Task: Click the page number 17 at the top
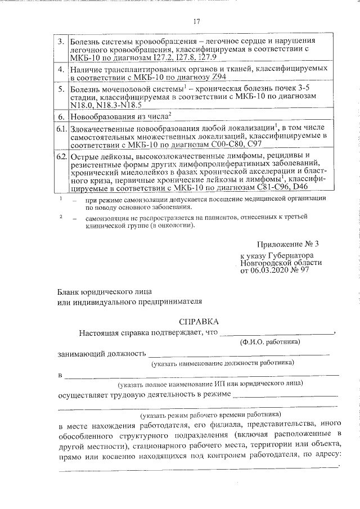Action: (197, 21)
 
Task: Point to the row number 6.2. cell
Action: (61, 155)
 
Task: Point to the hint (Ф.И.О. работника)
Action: (269, 342)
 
